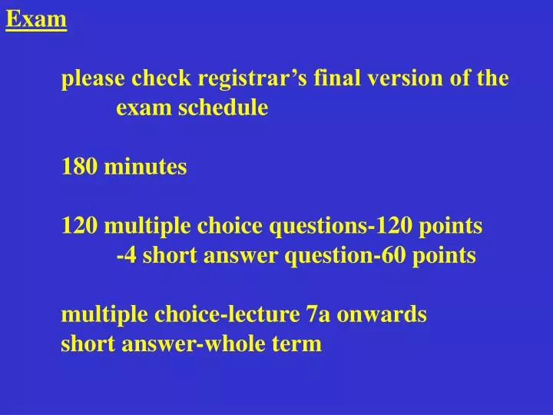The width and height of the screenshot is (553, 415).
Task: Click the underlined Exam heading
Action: (36, 18)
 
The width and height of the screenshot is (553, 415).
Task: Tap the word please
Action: (94, 79)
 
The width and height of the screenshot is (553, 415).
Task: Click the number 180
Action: (80, 167)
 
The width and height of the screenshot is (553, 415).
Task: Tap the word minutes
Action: (145, 167)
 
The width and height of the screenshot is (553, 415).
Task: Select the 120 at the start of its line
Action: (80, 226)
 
